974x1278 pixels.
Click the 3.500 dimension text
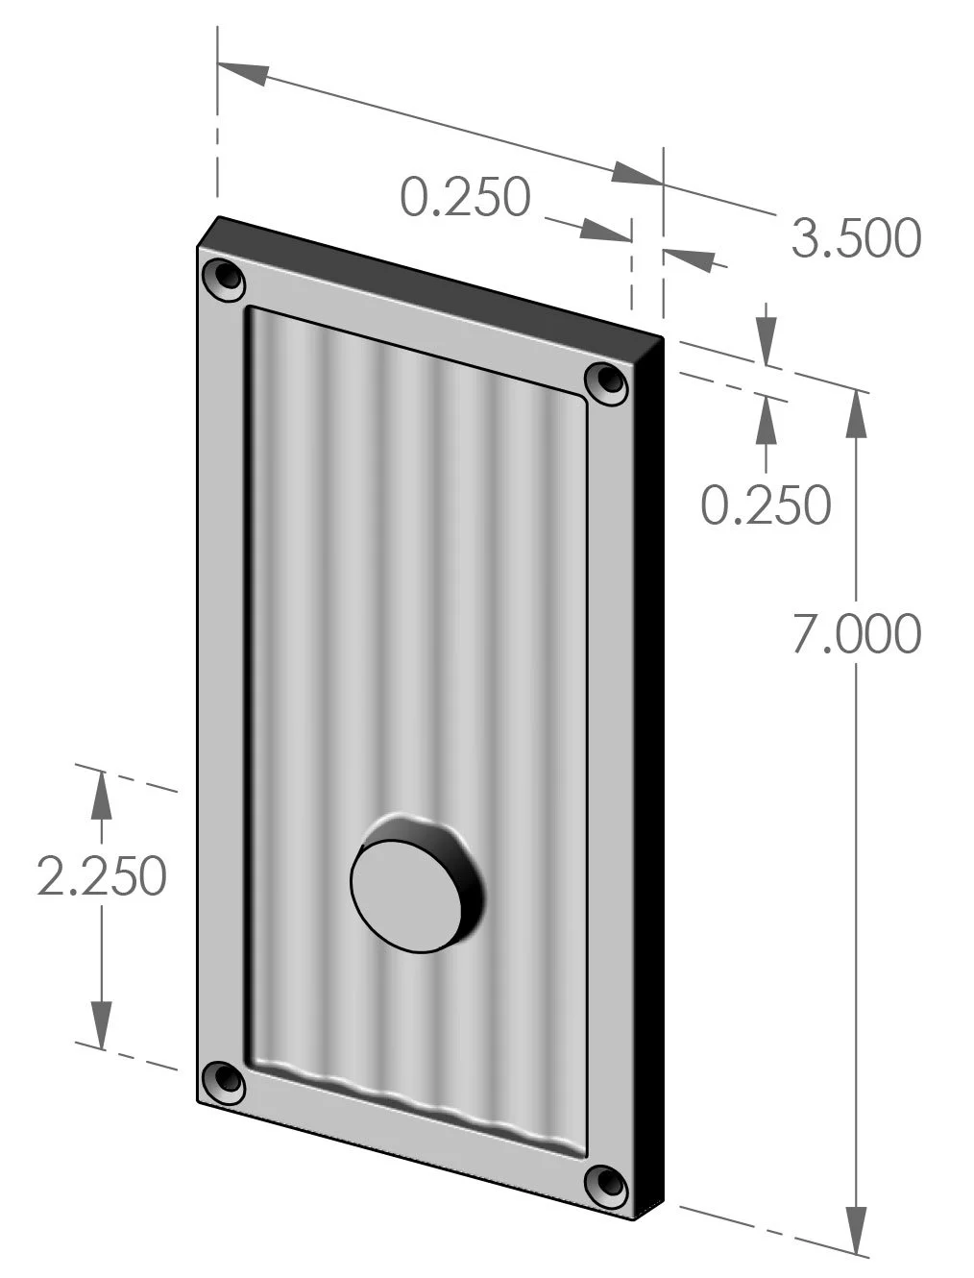pyautogui.click(x=855, y=238)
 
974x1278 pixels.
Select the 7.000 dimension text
pyautogui.click(x=856, y=634)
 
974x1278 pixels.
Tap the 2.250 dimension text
pyautogui.click(x=102, y=876)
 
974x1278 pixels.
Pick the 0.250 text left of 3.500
pyautogui.click(x=465, y=197)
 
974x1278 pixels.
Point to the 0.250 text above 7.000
pyautogui.click(x=765, y=504)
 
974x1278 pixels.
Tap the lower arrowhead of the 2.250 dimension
pyautogui.click(x=101, y=1022)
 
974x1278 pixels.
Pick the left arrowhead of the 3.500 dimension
pyautogui.click(x=245, y=73)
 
